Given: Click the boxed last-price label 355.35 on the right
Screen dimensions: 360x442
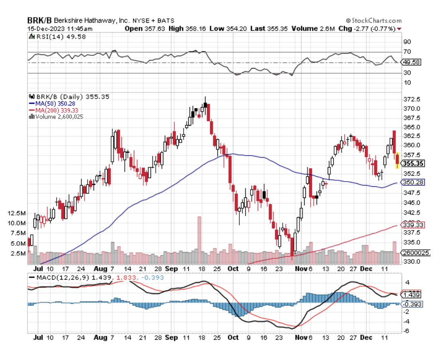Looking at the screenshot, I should (x=413, y=163).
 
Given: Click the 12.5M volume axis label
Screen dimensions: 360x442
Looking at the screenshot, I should (x=16, y=213).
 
